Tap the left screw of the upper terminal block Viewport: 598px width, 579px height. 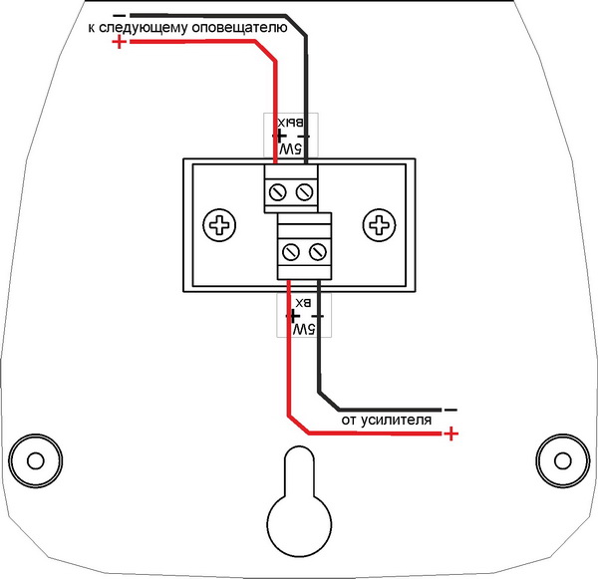pyautogui.click(x=278, y=188)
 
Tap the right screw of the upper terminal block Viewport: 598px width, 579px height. pyautogui.click(x=306, y=188)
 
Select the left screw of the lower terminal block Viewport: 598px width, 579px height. pyautogui.click(x=292, y=250)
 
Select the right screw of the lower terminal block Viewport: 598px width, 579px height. pyautogui.click(x=319, y=250)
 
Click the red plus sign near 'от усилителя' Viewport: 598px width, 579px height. pyautogui.click(x=452, y=434)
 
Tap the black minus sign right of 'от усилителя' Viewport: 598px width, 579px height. pyautogui.click(x=450, y=409)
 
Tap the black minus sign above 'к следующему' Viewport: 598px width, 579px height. pyautogui.click(x=120, y=15)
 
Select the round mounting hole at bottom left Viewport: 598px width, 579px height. pyautogui.click(x=36, y=460)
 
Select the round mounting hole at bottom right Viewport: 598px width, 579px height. pyautogui.click(x=560, y=460)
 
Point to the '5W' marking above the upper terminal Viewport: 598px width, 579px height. pyautogui.click(x=291, y=147)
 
